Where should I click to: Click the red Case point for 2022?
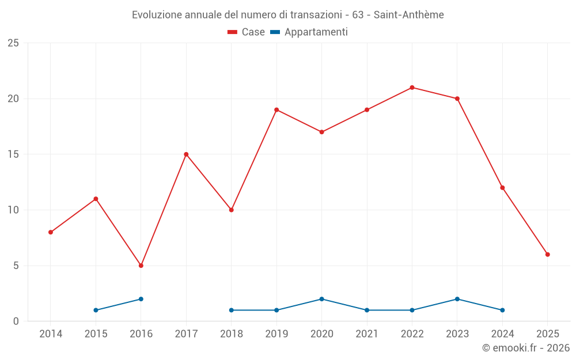tap(412, 88)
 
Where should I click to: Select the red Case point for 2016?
tap(141, 266)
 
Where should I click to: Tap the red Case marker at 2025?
tap(548, 255)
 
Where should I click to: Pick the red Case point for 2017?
tap(186, 154)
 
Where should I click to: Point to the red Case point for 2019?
tap(276, 109)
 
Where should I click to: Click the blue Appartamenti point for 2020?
tap(322, 299)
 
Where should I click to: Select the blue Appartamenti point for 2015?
tap(96, 310)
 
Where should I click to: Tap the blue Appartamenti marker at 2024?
tap(502, 310)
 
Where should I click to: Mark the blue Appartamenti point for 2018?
tap(232, 310)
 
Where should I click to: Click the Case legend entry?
tap(247, 32)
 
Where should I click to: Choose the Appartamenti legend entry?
tap(309, 32)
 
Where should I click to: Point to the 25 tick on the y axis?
tap(13, 43)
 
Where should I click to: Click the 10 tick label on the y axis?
tap(13, 210)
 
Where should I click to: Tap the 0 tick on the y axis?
tap(16, 321)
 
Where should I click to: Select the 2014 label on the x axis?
tap(51, 334)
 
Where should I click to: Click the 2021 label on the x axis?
tap(367, 334)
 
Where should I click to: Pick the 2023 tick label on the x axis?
tap(457, 334)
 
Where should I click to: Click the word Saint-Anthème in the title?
tap(408, 15)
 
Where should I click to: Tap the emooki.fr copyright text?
tap(526, 348)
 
